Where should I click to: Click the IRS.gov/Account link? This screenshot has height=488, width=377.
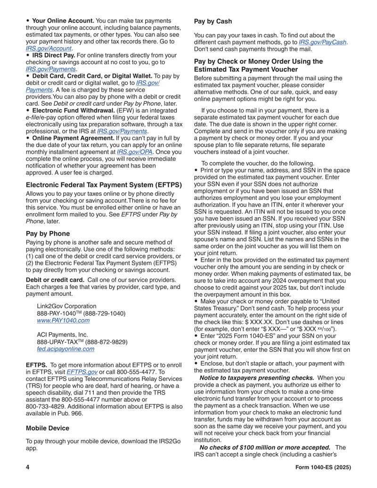(x=49, y=48)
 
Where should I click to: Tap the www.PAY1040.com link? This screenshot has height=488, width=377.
(x=63, y=320)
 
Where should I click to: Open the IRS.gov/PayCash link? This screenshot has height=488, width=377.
(x=323, y=42)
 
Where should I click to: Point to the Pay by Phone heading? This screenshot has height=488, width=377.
(x=48, y=233)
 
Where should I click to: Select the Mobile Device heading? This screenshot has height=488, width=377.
(x=48, y=428)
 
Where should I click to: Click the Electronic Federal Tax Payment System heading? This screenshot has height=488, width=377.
(x=104, y=185)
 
